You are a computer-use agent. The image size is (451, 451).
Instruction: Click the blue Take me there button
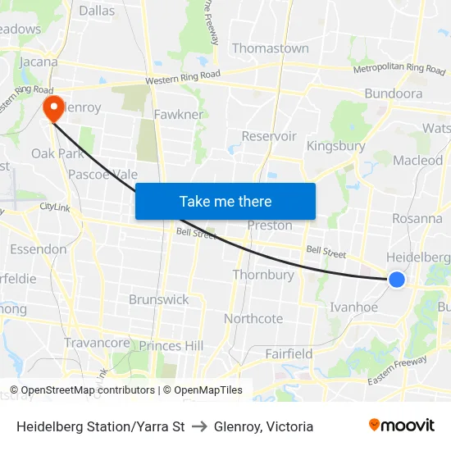225,201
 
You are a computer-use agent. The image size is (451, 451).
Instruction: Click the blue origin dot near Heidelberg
396,280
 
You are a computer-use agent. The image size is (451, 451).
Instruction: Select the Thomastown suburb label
271,48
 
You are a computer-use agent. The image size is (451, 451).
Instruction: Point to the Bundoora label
393,93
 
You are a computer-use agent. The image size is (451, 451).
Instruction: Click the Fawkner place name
178,115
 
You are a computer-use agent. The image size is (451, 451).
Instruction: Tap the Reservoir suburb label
269,136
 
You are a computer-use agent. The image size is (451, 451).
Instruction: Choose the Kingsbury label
335,146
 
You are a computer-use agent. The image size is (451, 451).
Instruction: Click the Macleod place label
417,161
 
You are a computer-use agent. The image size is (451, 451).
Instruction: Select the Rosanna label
417,218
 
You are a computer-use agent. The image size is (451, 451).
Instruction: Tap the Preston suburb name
270,225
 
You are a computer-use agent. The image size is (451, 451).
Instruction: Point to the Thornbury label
263,275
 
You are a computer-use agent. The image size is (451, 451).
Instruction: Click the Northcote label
253,318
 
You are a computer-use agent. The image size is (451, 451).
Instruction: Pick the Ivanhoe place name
353,307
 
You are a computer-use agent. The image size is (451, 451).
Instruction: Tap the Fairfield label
289,353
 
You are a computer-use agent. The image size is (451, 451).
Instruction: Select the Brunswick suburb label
158,299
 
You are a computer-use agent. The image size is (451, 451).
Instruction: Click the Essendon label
38,249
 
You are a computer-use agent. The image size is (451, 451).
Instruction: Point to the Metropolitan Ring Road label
399,69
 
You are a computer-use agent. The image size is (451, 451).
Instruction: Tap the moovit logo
401,426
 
